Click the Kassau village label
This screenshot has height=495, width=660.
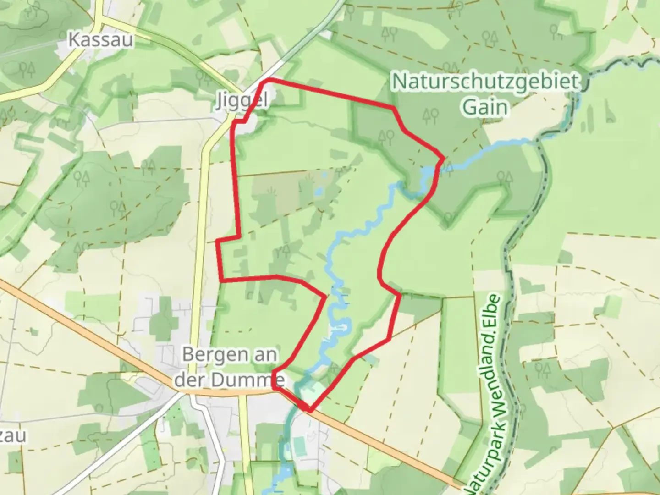pyautogui.click(x=101, y=40)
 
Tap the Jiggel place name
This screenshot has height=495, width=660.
pyautogui.click(x=242, y=101)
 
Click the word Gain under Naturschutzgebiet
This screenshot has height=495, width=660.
pyautogui.click(x=486, y=107)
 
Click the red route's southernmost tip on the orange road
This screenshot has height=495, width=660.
pyautogui.click(x=310, y=410)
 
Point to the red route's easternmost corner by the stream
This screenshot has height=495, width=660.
pyautogui.click(x=443, y=159)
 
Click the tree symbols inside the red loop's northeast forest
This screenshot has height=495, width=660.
pyautogui.click(x=385, y=135)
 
